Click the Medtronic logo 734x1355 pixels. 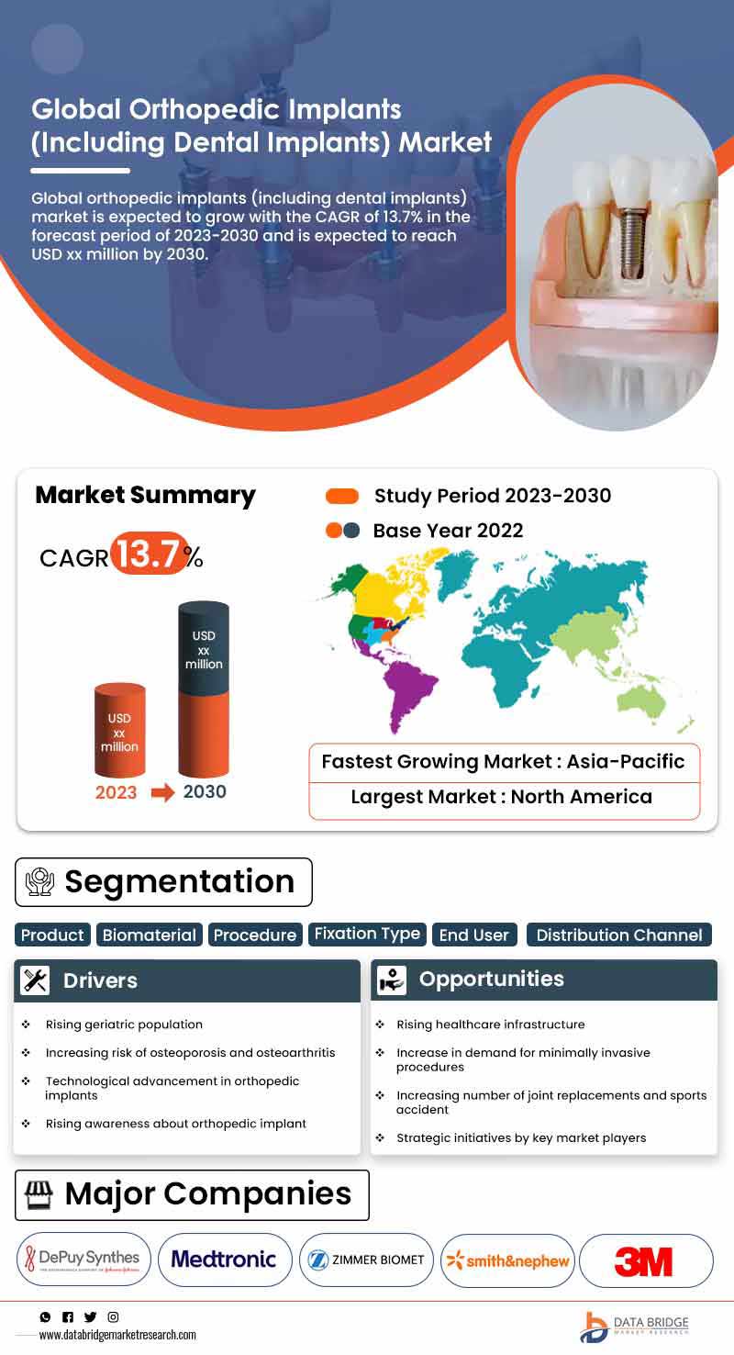(224, 1260)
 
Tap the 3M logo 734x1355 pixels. (645, 1260)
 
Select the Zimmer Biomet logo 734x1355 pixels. (366, 1260)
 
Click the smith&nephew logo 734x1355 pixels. (507, 1260)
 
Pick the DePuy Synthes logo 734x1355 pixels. (83, 1259)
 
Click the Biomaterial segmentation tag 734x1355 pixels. (149, 935)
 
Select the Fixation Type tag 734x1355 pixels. (367, 934)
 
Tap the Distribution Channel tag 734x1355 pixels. (619, 935)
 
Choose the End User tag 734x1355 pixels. (474, 935)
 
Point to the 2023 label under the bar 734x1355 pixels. (117, 792)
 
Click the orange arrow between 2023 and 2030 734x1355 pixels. (162, 792)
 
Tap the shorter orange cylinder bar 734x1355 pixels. (119, 730)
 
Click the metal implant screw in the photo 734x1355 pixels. (632, 242)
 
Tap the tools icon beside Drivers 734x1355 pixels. (35, 980)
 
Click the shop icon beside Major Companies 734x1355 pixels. (39, 1194)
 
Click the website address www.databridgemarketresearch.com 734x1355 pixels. (117, 1335)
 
